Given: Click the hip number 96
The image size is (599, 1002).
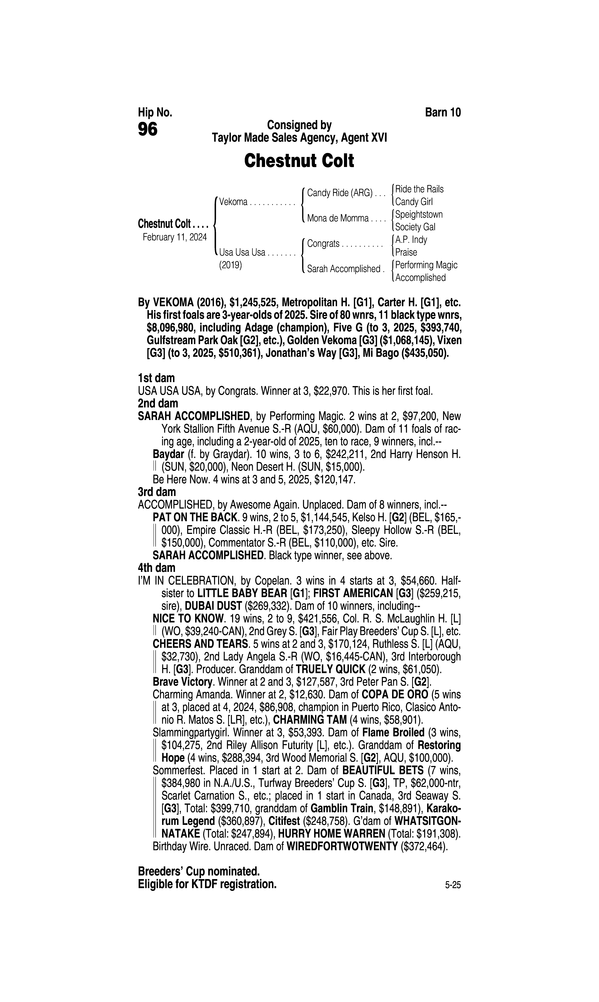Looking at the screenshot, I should pos(148,130).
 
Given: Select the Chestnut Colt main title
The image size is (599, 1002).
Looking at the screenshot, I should pos(299,161).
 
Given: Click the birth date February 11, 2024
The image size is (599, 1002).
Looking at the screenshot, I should pos(174,237).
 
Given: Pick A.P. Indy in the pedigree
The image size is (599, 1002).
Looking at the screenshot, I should pos(411,240).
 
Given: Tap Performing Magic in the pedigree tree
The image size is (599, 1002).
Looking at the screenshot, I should pos(426,265).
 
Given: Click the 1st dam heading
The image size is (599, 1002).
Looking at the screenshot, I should pos(156,378).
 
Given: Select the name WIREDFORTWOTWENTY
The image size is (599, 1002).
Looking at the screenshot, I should pos(342,847).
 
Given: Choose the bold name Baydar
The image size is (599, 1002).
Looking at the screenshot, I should pos(168,454).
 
